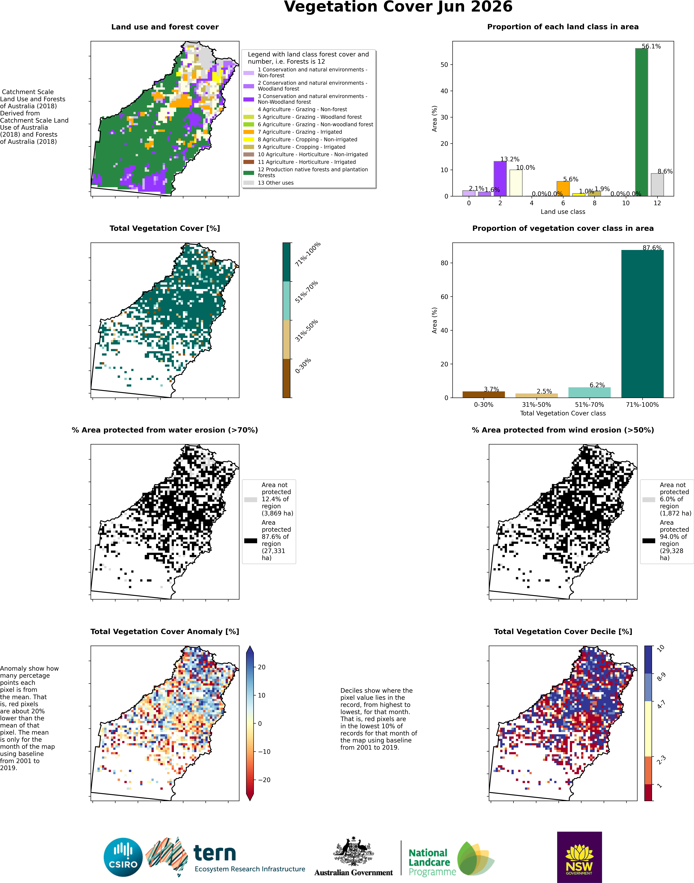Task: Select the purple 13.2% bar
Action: point(500,179)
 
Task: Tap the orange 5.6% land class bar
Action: point(563,189)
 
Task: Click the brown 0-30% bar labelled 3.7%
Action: point(484,395)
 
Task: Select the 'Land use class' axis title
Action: point(563,211)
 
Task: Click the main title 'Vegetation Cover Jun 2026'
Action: point(398,7)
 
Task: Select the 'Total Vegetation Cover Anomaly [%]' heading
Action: point(164,631)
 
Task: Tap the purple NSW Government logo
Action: point(579,857)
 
